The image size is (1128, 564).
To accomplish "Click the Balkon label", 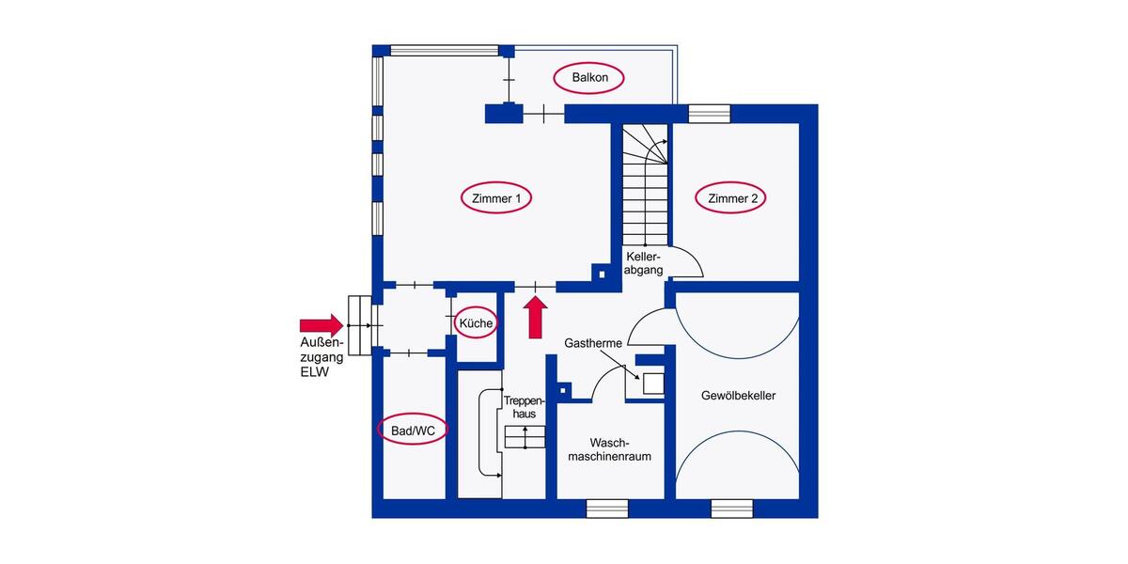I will point(588,78).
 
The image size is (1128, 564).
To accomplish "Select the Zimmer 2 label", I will point(732,198).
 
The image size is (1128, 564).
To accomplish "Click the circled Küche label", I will point(476,324).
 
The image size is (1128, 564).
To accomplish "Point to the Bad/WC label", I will point(413,431).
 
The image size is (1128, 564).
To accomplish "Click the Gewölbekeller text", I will point(738,397).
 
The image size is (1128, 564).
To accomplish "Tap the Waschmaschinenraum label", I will point(607,449).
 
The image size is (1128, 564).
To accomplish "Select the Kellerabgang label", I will point(645,263).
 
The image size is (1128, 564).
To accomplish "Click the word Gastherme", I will point(592,344).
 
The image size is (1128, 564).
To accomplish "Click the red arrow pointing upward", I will point(536,318).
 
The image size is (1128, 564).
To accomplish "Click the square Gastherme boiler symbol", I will point(652,384).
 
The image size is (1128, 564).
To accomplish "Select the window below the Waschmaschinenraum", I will point(606,509).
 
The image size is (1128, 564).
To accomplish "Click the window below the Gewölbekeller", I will point(731,509).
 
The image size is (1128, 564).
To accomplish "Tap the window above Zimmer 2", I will point(709,114).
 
